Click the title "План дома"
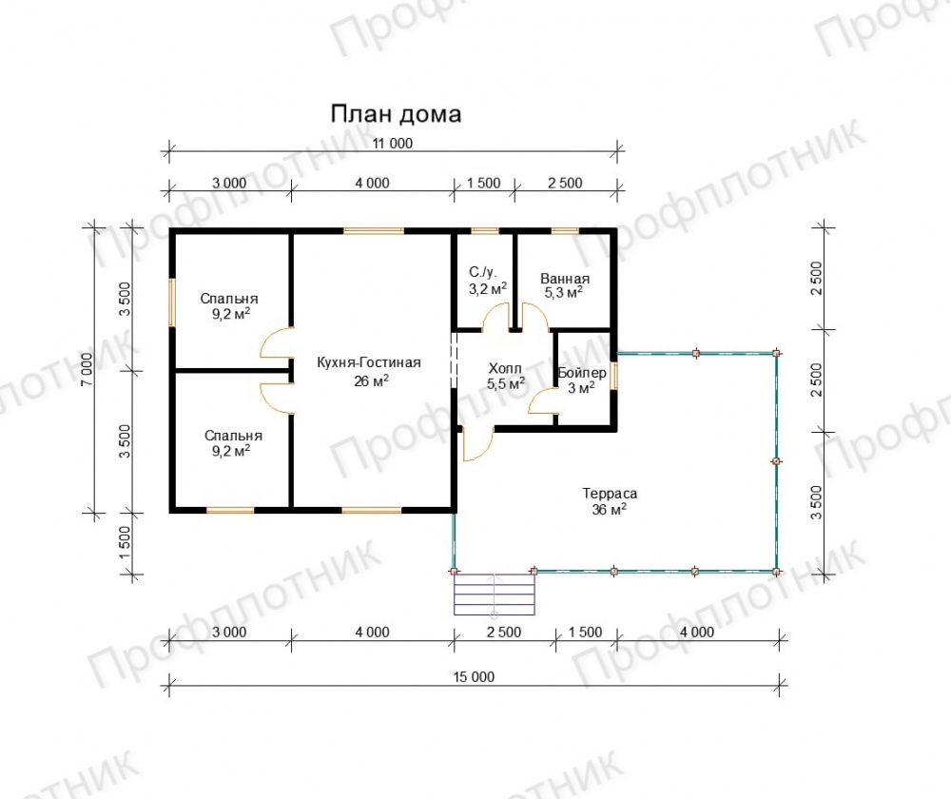[x=396, y=114]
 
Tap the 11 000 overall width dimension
[x=393, y=144]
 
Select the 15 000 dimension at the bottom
[x=474, y=676]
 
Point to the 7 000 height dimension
[x=87, y=369]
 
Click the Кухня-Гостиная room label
[x=369, y=362]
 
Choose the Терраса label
[x=610, y=494]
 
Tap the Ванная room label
[x=565, y=279]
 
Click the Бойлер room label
[x=582, y=373]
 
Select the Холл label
[x=505, y=368]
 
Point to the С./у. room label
[x=483, y=272]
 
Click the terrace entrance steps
[x=495, y=594]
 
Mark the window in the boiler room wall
[x=613, y=376]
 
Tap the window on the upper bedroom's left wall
[x=172, y=302]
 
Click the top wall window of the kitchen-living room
[x=374, y=230]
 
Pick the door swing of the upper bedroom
[x=277, y=343]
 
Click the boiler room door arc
[x=542, y=401]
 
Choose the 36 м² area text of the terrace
[x=610, y=509]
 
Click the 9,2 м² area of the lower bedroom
[x=231, y=451]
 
